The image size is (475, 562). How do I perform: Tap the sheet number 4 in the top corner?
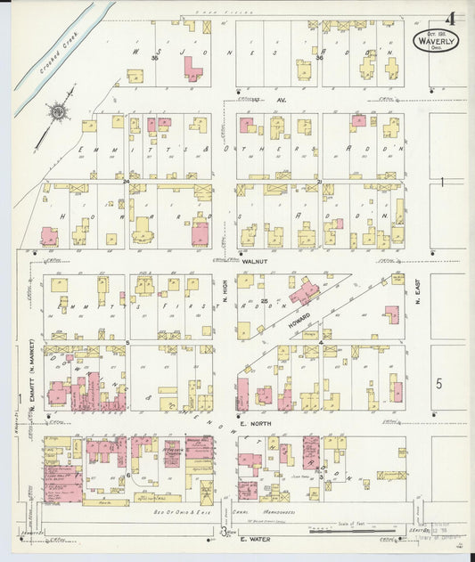tap(454, 17)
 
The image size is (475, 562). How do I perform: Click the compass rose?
tap(59, 111)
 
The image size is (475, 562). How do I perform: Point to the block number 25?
tap(265, 302)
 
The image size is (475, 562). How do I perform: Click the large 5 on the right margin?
tap(438, 384)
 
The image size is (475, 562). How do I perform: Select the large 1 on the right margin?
tap(441, 182)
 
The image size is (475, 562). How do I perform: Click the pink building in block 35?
tap(192, 68)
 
